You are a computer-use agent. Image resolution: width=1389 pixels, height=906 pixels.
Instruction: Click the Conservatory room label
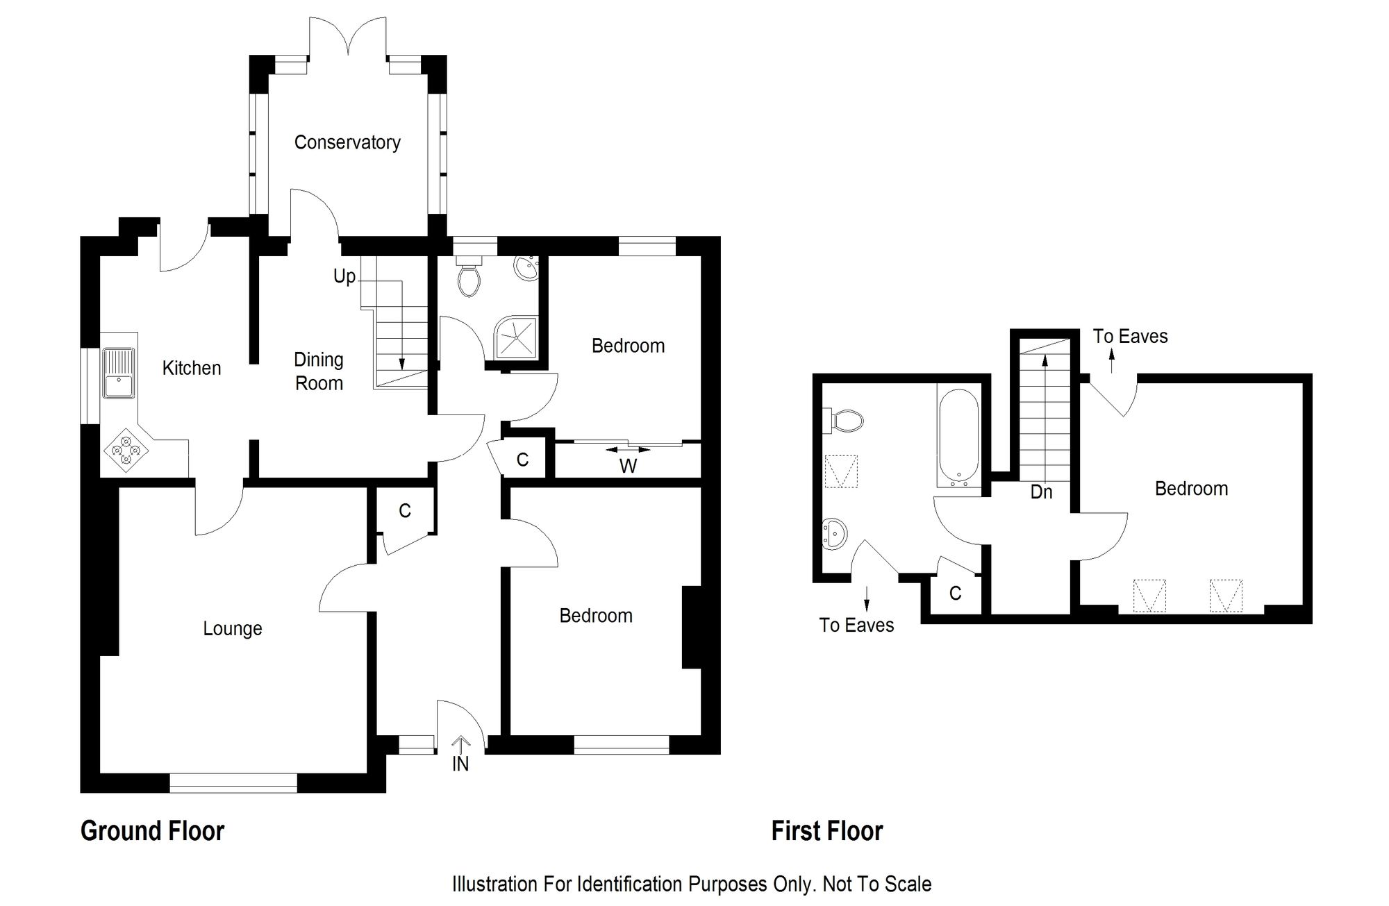click(347, 142)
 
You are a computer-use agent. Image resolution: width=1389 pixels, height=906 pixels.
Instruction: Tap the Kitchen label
click(192, 368)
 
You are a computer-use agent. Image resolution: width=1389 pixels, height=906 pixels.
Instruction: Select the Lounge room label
click(233, 629)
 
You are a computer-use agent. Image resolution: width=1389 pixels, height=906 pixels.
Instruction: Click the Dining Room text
click(319, 371)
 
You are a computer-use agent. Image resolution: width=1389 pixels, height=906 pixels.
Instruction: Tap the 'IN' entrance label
click(460, 764)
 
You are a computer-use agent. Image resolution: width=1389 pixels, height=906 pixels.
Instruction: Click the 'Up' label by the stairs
click(344, 277)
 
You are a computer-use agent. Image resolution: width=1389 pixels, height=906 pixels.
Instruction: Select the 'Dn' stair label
click(1041, 492)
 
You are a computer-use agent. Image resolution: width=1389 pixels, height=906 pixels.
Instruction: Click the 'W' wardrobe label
click(628, 467)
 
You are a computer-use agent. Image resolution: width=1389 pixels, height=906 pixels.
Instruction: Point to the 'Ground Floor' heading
click(153, 831)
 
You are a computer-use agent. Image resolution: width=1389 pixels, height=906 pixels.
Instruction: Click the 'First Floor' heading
click(827, 831)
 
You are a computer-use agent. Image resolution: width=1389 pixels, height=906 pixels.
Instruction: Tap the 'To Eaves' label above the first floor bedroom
click(1131, 337)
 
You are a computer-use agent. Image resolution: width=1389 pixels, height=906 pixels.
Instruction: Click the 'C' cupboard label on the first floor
click(956, 593)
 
